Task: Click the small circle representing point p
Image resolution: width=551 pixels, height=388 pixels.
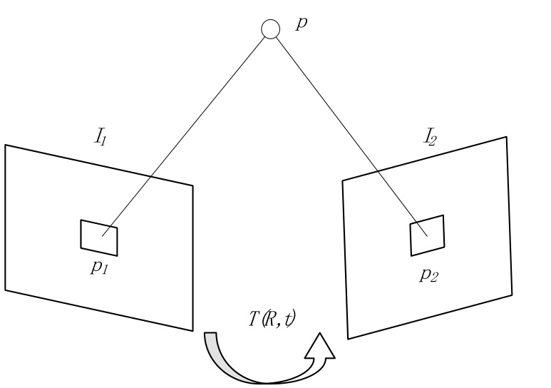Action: [x=269, y=29]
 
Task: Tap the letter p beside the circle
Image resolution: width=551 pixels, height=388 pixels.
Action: [x=302, y=24]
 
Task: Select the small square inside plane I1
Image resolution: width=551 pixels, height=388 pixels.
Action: [x=99, y=238]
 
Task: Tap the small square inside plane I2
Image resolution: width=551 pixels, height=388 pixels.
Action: [x=427, y=237]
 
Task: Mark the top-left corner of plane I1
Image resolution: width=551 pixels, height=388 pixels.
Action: [x=6, y=145]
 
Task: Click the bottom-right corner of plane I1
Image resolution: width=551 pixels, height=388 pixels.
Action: [x=193, y=330]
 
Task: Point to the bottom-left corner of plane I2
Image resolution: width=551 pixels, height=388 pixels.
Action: [x=347, y=337]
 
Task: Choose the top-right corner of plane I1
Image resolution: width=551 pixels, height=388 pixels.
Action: [x=192, y=187]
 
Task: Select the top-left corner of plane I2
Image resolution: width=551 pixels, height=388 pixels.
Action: [x=343, y=181]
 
